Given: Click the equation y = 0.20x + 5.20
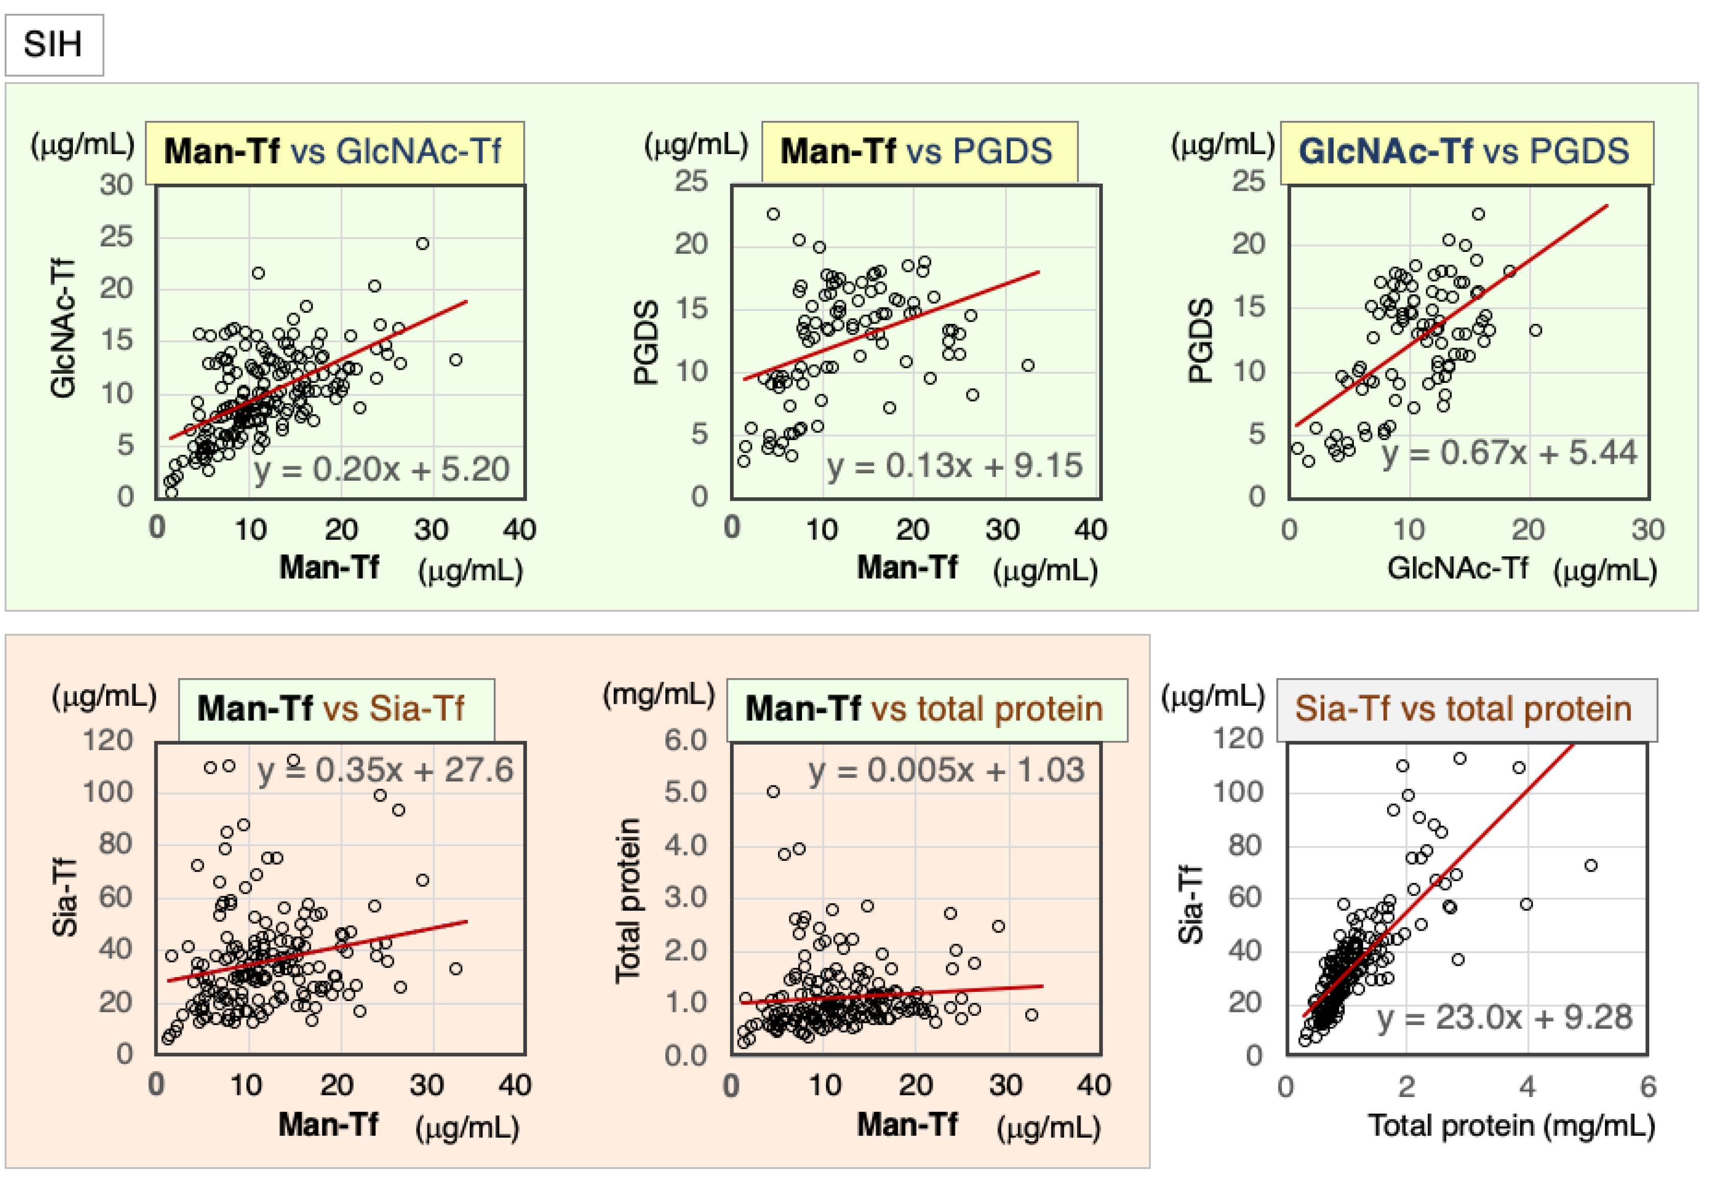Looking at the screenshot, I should coord(382,470).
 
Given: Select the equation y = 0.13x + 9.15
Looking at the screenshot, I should coord(954,466).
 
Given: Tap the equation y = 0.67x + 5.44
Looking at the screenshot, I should coord(1510,452).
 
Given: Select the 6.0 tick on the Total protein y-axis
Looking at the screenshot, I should coord(686,740).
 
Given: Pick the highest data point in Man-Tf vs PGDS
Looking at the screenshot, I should coord(773,214).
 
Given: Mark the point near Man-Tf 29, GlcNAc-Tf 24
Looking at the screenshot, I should coord(422,244).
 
